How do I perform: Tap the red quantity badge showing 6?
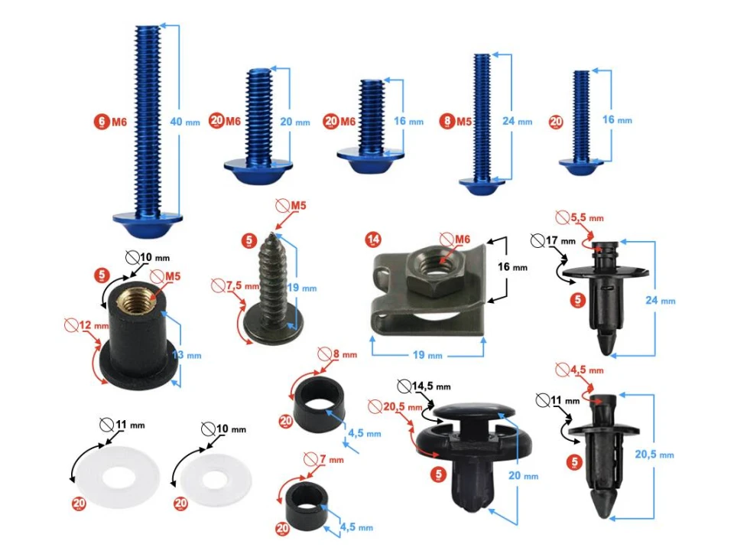(x=101, y=121)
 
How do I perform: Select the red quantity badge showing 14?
(x=373, y=240)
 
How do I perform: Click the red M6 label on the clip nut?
(x=459, y=240)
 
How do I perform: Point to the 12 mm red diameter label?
(x=83, y=326)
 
